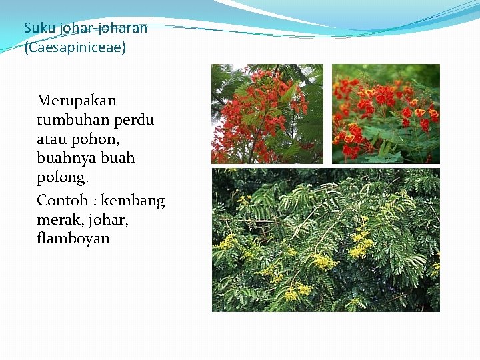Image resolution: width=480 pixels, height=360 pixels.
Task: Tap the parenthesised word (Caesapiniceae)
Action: tap(75, 49)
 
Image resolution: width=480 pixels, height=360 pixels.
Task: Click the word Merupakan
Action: tap(77, 101)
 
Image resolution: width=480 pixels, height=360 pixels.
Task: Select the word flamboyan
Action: tap(73, 238)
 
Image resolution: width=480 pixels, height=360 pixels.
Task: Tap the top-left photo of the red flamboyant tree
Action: tap(267, 114)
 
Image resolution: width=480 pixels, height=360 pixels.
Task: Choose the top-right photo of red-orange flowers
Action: tap(386, 114)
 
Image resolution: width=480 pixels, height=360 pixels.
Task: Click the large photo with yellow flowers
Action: tap(326, 240)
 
